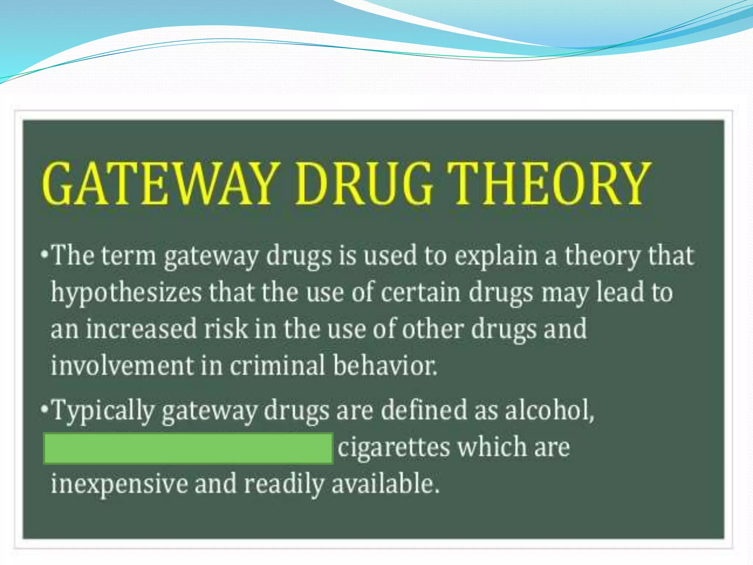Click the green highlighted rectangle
coord(188,448)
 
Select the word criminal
coord(278,366)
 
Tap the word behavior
coord(385,366)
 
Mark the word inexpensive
coord(119,484)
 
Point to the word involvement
coord(122,366)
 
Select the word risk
coord(226,329)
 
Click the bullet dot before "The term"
coord(44,254)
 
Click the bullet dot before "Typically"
coord(44,409)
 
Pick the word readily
coord(284,484)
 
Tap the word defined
coord(424,410)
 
